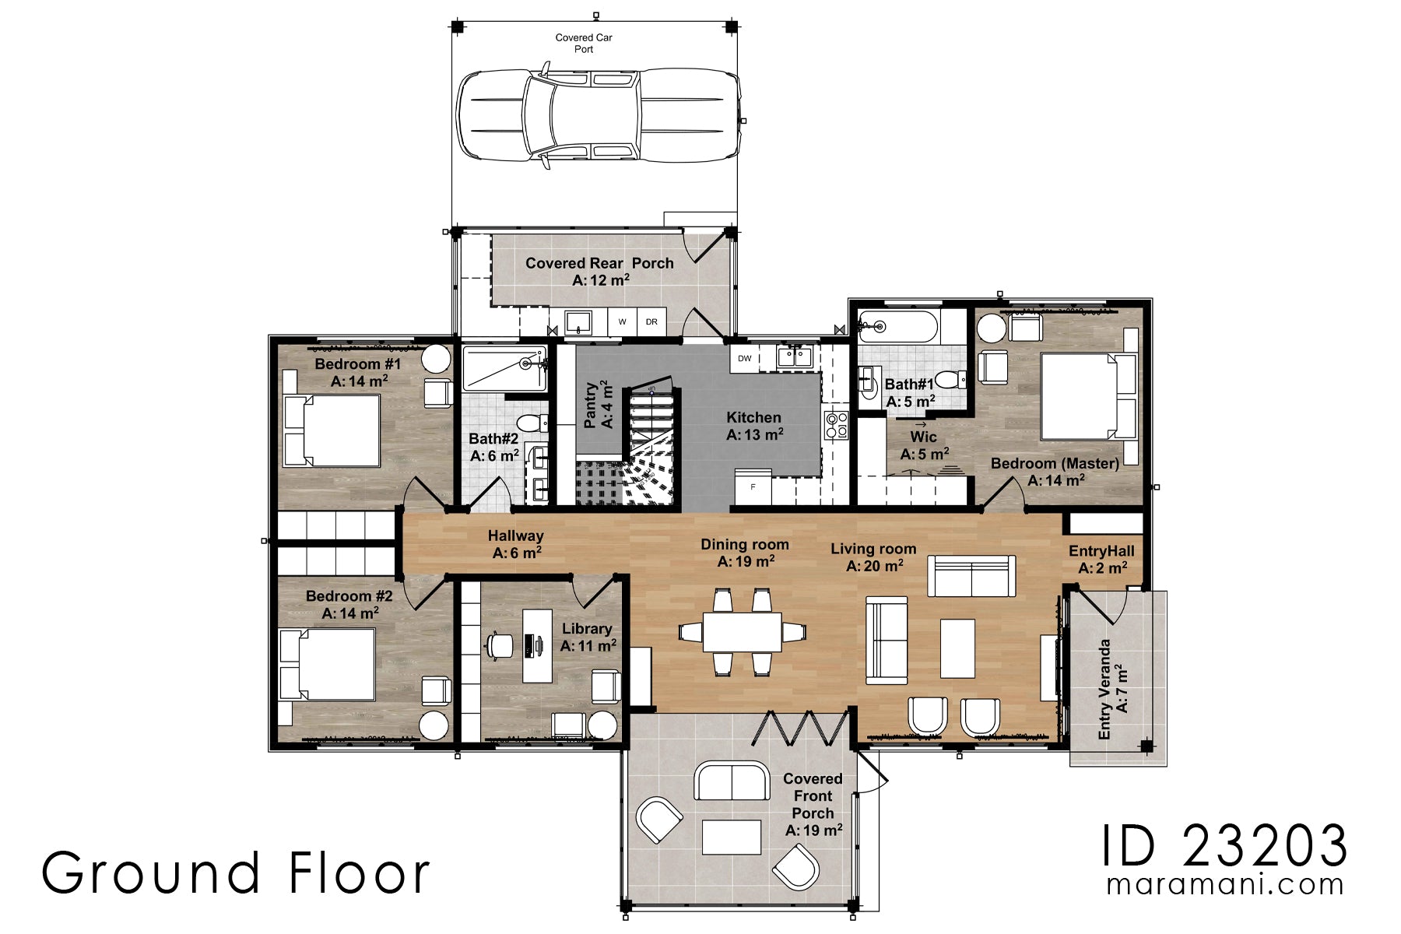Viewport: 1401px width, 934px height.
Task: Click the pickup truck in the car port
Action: click(x=598, y=117)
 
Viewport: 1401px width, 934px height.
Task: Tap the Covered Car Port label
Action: click(x=584, y=43)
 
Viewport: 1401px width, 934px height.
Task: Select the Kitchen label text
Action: click(x=753, y=418)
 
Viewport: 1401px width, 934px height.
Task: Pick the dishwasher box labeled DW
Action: click(x=745, y=359)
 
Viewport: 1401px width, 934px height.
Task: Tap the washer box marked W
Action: click(x=622, y=321)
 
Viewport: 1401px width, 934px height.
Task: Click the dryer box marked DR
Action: click(x=651, y=321)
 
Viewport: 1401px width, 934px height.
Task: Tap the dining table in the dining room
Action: click(x=742, y=632)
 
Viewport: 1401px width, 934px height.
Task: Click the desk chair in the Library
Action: click(x=499, y=645)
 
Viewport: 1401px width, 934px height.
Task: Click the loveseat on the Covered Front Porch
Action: click(x=732, y=781)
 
